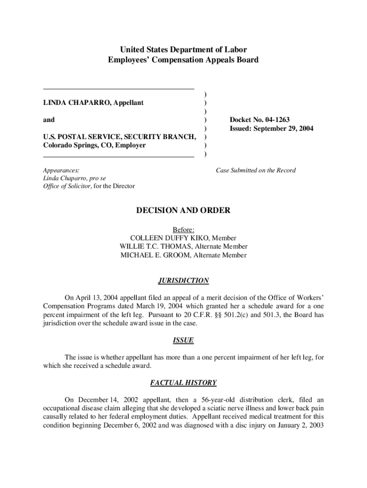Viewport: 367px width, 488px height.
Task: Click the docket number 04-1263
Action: click(272, 120)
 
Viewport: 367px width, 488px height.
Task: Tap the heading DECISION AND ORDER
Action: click(183, 210)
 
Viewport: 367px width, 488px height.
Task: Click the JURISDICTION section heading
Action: click(183, 281)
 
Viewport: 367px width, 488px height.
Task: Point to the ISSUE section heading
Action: click(183, 341)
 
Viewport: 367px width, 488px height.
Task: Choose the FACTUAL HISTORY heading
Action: click(183, 383)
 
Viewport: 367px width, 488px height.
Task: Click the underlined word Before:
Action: click(183, 229)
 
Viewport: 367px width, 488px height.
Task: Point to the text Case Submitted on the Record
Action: click(255, 170)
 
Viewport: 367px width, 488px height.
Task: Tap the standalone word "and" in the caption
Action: click(49, 120)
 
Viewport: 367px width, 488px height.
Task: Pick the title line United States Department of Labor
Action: click(183, 50)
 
